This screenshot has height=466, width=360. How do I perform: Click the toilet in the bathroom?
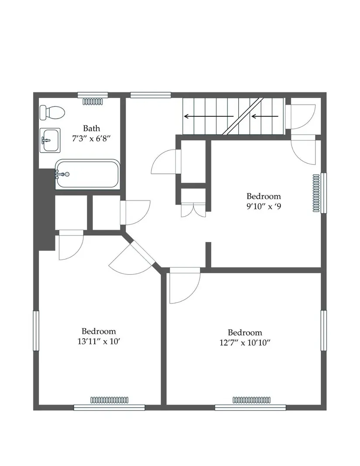click(52, 112)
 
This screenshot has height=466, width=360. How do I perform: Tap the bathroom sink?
click(50, 140)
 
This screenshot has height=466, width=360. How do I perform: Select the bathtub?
click(87, 174)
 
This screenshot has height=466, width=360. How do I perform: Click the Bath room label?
click(91, 129)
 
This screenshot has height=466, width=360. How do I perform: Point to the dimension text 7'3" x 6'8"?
click(91, 139)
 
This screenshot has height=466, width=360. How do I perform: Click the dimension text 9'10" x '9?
click(264, 206)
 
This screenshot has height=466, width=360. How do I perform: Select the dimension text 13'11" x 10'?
click(99, 341)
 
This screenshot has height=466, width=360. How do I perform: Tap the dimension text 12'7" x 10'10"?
click(245, 343)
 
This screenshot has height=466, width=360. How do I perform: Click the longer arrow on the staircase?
click(209, 116)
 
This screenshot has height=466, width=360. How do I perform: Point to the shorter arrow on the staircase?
click(265, 116)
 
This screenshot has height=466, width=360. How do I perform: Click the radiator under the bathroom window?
click(93, 102)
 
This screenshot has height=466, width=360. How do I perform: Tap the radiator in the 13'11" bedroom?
click(109, 400)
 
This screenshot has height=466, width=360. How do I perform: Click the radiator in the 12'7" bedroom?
click(252, 400)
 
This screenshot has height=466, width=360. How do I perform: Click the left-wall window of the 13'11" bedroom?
click(36, 331)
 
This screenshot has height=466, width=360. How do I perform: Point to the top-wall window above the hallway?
click(151, 95)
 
